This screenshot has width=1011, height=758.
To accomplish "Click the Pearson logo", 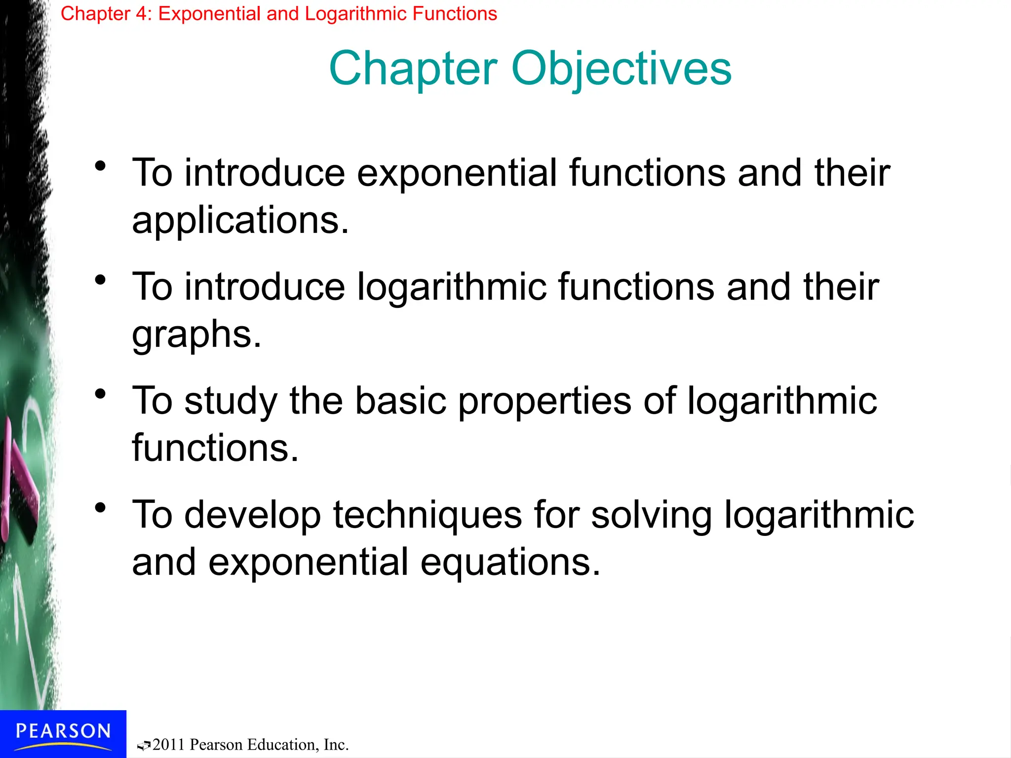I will point(63,733).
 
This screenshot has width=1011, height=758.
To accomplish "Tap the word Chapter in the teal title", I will point(413,69).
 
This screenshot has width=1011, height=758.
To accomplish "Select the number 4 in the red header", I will point(142,14).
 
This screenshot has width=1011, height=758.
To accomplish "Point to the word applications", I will point(240,221).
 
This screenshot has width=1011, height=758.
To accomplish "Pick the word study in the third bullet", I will point(231,401).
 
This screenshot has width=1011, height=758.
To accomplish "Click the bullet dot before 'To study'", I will point(101,394).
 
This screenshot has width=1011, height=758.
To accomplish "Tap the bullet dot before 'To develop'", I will point(101,508).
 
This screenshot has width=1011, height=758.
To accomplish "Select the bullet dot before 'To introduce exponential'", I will point(101,166).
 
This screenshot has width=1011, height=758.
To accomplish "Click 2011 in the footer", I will point(169,745).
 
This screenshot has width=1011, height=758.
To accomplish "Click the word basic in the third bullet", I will point(401,401).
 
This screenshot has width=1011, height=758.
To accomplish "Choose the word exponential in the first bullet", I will point(457,174).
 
